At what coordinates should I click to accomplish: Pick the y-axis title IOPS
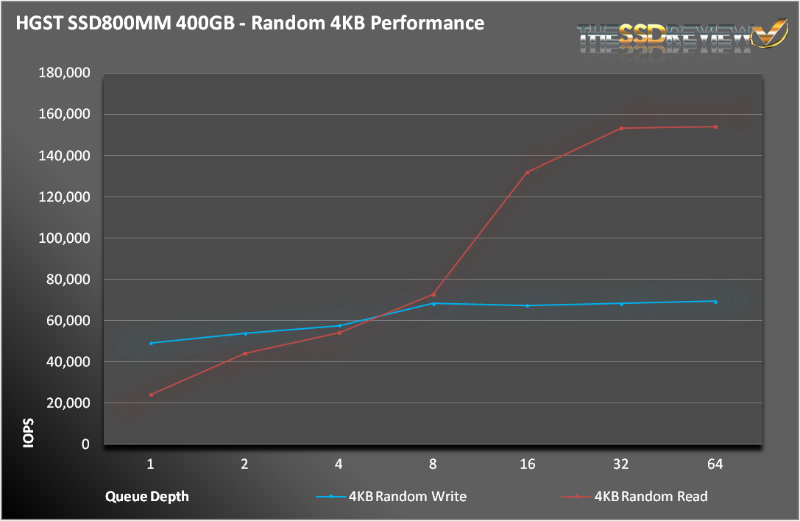27,433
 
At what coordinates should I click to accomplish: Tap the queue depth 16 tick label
527,464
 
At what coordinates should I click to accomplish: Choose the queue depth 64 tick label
715,464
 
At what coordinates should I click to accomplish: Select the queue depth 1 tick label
151,464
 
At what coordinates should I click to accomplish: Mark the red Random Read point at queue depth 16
527,172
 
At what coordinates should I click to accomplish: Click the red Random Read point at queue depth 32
621,128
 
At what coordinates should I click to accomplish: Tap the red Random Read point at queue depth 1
151,394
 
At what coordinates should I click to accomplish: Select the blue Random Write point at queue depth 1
151,343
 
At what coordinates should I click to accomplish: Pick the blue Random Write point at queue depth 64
715,301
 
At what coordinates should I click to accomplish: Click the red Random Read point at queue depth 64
715,127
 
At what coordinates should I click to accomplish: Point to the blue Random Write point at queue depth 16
527,305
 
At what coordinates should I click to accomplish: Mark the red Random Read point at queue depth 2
245,353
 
